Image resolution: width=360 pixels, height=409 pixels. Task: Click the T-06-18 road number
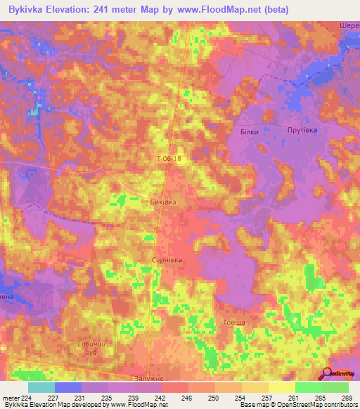tap(169, 159)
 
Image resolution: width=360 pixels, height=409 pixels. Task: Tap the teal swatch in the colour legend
tap(41, 387)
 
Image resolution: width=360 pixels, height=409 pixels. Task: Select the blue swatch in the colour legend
tap(67, 387)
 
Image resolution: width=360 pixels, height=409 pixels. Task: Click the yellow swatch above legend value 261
tap(281, 387)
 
